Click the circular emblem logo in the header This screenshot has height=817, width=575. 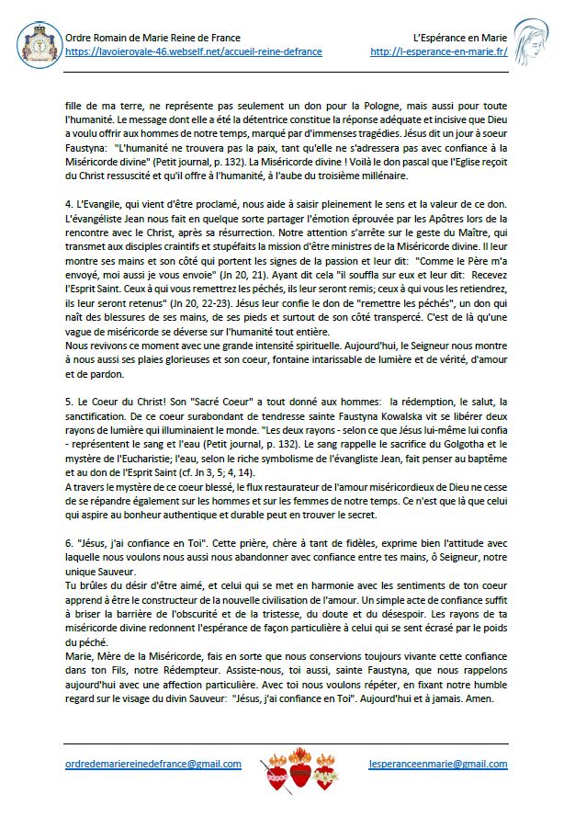click(x=37, y=44)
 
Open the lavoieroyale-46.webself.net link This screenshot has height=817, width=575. click(x=193, y=51)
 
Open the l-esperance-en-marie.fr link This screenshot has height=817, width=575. click(x=439, y=51)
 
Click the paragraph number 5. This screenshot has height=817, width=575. click(x=69, y=403)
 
